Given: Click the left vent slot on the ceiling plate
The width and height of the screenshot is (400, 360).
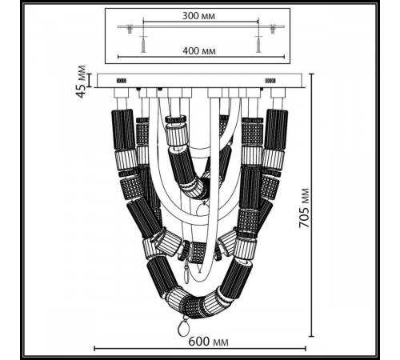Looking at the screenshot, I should point(122,81).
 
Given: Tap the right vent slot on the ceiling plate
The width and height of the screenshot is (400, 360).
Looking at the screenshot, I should point(268,81).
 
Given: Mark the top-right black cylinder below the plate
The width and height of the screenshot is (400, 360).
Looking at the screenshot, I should point(276,128).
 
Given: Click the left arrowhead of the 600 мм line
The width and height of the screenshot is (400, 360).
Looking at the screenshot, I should point(96,349).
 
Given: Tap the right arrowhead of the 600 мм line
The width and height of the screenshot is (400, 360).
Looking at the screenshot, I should point(306,349).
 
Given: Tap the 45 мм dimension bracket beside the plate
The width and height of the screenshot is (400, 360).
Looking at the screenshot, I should point(90,81).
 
